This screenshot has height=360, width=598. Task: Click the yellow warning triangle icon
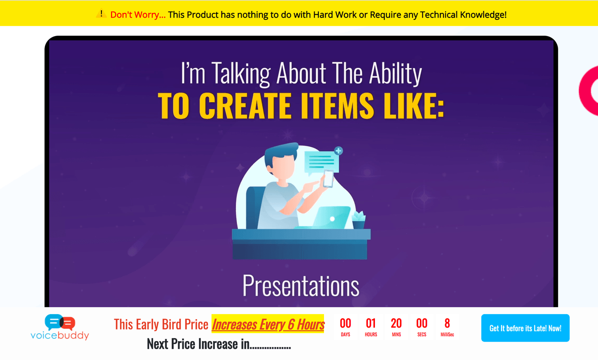(x=101, y=14)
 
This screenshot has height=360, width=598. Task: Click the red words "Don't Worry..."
(x=137, y=15)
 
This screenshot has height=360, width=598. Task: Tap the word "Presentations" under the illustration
(x=301, y=286)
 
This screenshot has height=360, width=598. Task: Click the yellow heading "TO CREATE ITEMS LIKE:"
(x=301, y=106)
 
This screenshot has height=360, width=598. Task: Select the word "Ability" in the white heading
(x=396, y=74)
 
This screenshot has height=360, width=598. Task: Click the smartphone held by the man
(x=328, y=179)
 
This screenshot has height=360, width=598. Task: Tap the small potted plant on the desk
(x=359, y=220)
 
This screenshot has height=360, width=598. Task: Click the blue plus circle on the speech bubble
(x=338, y=151)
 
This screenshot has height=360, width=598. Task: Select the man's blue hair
(x=280, y=153)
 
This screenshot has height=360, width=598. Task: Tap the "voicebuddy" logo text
(x=60, y=335)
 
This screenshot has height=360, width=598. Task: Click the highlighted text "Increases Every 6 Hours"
(x=268, y=324)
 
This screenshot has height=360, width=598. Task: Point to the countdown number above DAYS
(x=345, y=323)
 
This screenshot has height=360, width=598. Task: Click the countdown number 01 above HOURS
(x=371, y=323)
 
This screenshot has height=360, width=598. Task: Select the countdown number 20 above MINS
(x=396, y=323)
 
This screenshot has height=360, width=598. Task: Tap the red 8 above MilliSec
(x=447, y=323)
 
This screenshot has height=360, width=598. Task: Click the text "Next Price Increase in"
(x=198, y=344)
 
